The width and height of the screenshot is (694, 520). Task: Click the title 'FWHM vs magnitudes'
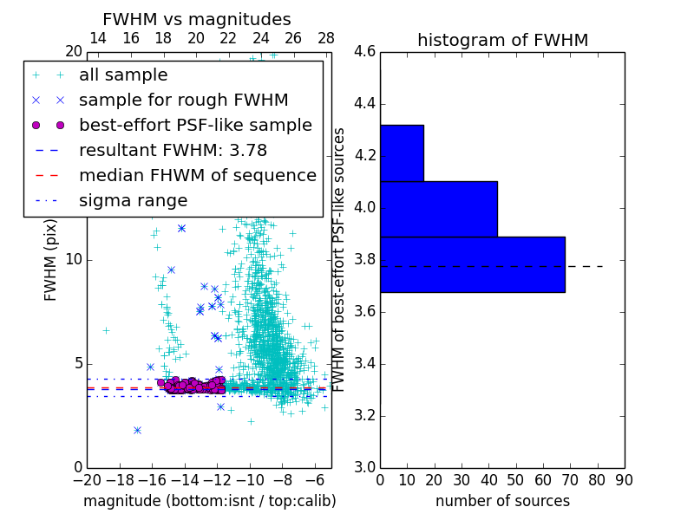pos(197,19)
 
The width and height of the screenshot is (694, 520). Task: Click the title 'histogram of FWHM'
pos(502,40)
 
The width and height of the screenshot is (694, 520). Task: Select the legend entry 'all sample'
pos(123,75)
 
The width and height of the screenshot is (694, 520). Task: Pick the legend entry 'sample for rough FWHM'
pos(183,100)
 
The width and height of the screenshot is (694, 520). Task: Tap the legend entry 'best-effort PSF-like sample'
pos(195,125)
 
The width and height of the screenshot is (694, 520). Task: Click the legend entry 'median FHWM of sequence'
pos(197,175)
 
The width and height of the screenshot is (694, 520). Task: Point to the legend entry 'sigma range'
pos(133,200)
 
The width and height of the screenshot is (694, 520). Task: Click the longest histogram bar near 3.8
pos(472,264)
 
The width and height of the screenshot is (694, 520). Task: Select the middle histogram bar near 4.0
pos(438,209)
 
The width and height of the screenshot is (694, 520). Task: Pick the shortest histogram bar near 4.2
pos(402,153)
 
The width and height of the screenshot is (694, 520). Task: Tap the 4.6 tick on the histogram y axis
pos(365,52)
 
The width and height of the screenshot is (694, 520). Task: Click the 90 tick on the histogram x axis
pos(624,479)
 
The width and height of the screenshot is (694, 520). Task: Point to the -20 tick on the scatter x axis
pos(87,479)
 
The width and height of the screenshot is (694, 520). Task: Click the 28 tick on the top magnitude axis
pos(326,38)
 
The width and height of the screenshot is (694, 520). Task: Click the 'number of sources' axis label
pos(502,501)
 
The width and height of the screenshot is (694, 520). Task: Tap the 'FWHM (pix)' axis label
pos(51,260)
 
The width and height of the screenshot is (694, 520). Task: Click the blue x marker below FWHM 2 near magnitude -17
pos(137,430)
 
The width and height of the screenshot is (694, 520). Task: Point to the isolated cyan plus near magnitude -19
pos(106,330)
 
